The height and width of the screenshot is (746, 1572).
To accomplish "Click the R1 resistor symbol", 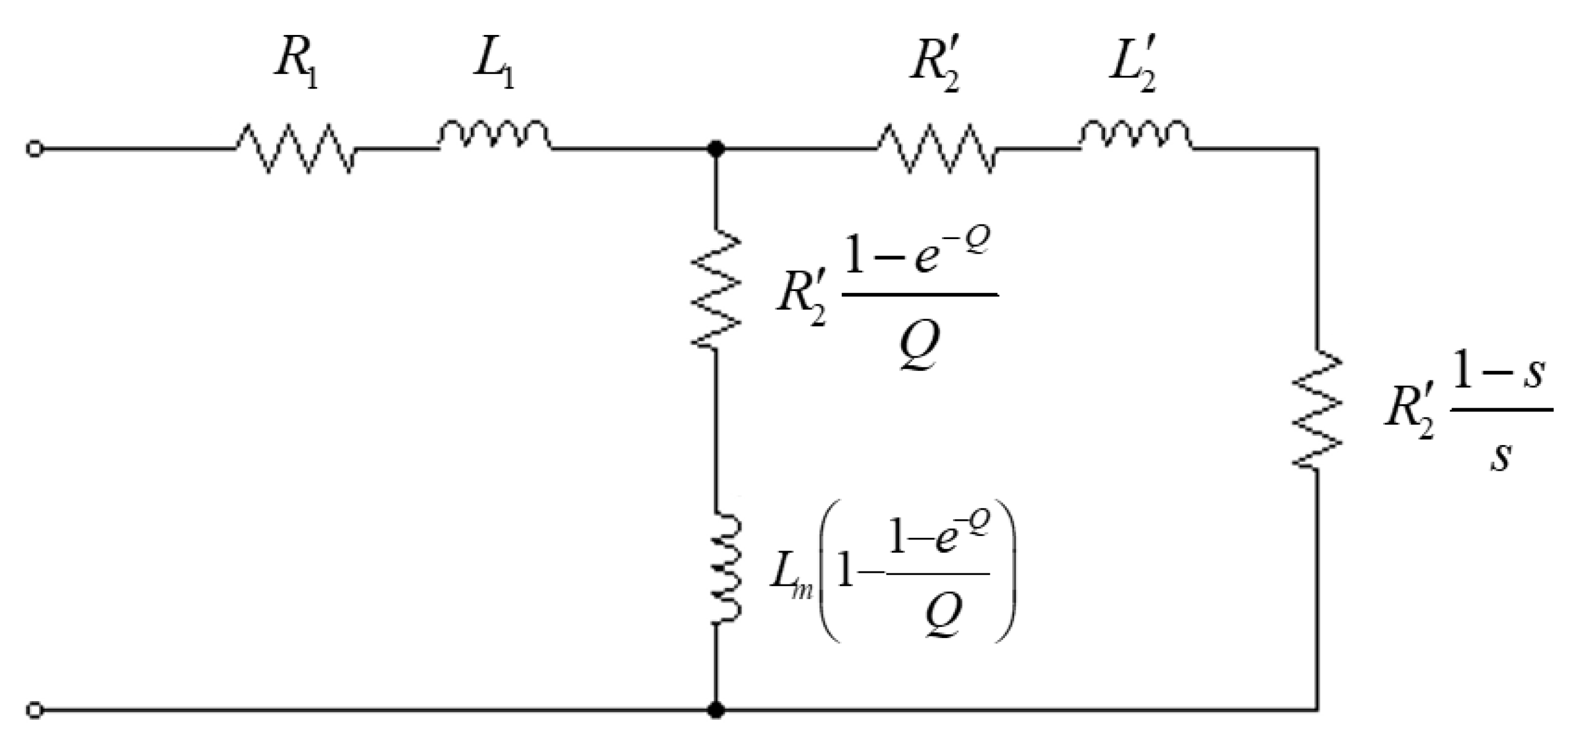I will [294, 148].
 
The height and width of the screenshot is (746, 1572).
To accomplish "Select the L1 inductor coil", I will [494, 135].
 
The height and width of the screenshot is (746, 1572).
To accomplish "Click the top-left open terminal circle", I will [35, 149].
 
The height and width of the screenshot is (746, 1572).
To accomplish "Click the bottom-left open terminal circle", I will [35, 710].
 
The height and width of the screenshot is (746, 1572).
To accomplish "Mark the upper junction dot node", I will [715, 148].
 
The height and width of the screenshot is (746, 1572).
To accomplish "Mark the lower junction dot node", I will [715, 710].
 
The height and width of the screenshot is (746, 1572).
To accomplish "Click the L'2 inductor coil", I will [1135, 135].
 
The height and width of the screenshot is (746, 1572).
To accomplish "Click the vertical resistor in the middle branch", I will [715, 288].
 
